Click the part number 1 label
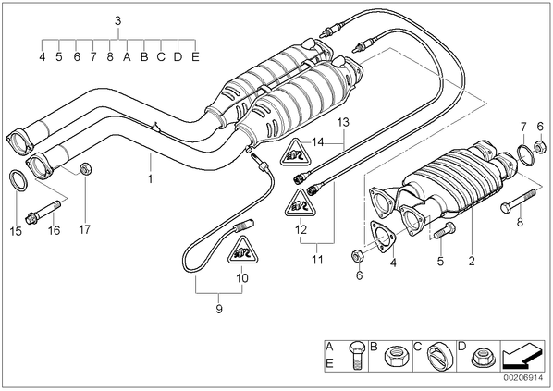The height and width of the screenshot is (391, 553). pyautogui.click(x=150, y=179)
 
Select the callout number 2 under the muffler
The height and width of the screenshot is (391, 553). pyautogui.click(x=472, y=261)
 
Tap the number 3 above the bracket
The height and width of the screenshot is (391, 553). pyautogui.click(x=117, y=21)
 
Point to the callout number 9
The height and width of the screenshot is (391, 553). pyautogui.click(x=219, y=309)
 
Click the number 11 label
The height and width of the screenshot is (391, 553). pyautogui.click(x=317, y=260)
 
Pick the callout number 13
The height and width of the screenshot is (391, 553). pyautogui.click(x=343, y=122)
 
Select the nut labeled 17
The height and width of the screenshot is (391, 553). pyautogui.click(x=86, y=168)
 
